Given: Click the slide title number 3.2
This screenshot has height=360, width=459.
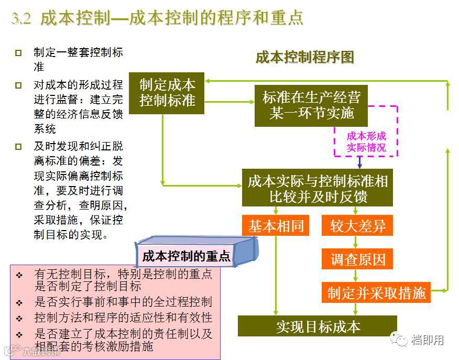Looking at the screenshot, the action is tap(21, 18).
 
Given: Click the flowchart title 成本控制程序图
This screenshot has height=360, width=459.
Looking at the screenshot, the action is tap(304, 57).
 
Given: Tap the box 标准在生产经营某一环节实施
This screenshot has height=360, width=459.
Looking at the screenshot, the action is tap(311, 105).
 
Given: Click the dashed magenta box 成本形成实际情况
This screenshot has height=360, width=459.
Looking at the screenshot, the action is tap(366, 141).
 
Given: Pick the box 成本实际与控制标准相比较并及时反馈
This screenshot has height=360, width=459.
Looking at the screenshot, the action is tap(318, 189).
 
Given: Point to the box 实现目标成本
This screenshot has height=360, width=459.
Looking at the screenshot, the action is tap(318, 326).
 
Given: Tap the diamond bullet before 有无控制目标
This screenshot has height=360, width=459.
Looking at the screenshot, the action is tap(19, 275).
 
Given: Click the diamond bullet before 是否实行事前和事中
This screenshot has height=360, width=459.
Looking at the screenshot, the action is tap(19, 303).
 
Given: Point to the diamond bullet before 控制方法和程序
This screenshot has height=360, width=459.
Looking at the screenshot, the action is tap(19, 319).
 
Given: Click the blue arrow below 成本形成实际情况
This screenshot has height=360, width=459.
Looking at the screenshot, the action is tap(359, 162).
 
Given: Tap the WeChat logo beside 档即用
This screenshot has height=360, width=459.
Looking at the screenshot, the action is tap(401, 340).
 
